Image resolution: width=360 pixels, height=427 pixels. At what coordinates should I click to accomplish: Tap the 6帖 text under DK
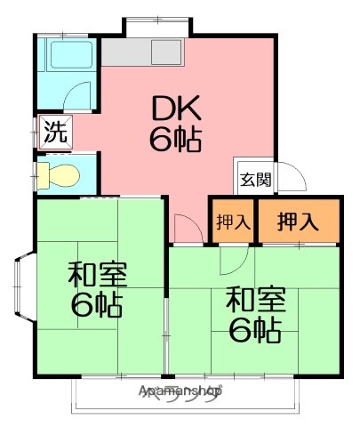tap(174, 139)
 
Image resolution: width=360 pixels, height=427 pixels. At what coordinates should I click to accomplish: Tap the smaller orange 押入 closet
tap(233, 222)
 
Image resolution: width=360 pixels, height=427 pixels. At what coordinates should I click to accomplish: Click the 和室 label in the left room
tap(98, 274)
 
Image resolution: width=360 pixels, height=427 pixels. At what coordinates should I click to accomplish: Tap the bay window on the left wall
tap(24, 285)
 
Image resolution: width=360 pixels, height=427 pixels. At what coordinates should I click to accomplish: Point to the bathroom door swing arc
tap(79, 95)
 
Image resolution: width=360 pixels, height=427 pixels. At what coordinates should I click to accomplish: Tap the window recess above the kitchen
tap(156, 27)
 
